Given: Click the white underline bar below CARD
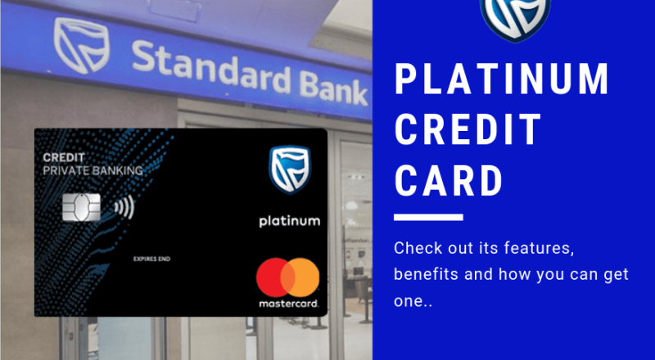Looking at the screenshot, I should (x=428, y=217).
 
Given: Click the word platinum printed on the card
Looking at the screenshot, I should (x=289, y=221).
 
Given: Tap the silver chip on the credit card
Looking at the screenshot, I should (x=83, y=208).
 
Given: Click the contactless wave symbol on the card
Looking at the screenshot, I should (x=124, y=208).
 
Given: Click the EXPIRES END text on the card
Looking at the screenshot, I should (x=153, y=260).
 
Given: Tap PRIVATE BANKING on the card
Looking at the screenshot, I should (x=93, y=171).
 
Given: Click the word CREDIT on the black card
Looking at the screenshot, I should (x=65, y=157).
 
